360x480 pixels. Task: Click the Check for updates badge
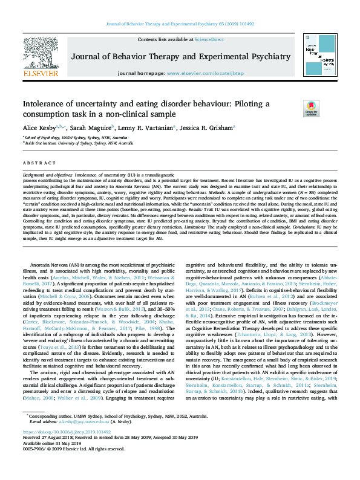(328, 109)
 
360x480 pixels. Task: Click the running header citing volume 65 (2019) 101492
(180, 23)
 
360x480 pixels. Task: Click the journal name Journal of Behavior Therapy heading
(180, 56)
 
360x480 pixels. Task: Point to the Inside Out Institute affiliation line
(78, 143)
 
